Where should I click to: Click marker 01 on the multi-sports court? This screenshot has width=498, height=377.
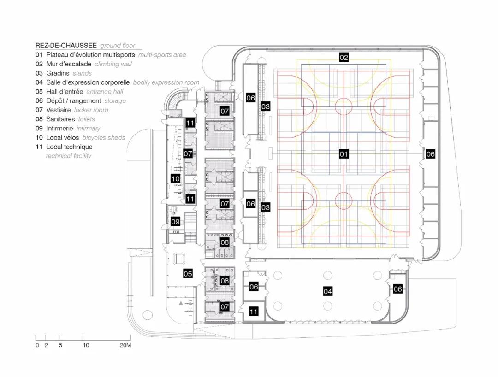tap(344, 154)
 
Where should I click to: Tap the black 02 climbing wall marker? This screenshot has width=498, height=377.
tap(344, 58)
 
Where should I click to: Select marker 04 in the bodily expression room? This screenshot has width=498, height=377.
tap(328, 291)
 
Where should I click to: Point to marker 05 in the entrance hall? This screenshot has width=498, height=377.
tap(188, 273)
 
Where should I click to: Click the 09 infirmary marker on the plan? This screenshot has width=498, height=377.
tap(175, 221)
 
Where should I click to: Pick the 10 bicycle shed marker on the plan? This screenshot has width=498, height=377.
tap(175, 179)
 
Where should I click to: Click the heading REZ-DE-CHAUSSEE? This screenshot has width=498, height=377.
tap(66, 46)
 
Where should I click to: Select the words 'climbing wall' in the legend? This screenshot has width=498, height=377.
tap(113, 64)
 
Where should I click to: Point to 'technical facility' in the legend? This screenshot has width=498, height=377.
tap(68, 156)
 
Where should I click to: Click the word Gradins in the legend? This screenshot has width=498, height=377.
tap(58, 73)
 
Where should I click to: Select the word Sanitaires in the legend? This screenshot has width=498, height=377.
tap(60, 119)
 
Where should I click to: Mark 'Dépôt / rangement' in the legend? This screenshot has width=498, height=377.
tap(73, 101)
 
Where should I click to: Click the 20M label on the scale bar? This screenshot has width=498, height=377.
tap(125, 345)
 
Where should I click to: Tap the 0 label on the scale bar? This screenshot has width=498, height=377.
tap(37, 345)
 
